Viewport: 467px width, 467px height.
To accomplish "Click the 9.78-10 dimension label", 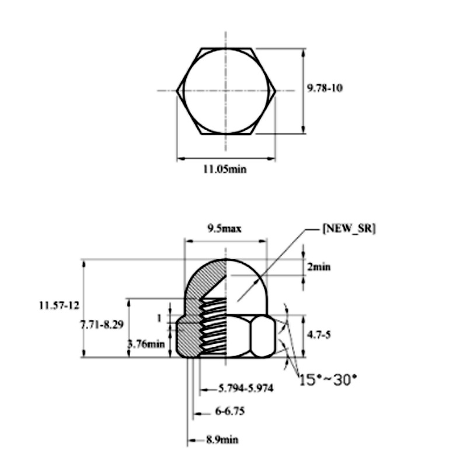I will (x=325, y=88).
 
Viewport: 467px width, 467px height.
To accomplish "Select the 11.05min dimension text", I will (x=225, y=170).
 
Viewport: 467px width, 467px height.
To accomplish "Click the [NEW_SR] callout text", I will (x=348, y=229).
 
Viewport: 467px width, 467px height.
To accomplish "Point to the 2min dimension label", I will (x=319, y=267).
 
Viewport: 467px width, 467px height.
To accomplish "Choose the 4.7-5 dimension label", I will (x=320, y=336).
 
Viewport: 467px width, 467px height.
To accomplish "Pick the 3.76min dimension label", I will (x=146, y=343).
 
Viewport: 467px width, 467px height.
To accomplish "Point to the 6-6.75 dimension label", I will (x=229, y=412).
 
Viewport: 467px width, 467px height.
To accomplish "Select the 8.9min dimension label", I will (x=222, y=440).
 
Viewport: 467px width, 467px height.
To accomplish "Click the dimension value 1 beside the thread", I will (x=158, y=318).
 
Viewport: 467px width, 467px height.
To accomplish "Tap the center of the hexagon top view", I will (x=225, y=90).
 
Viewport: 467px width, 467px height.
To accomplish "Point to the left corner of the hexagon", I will (x=177, y=90).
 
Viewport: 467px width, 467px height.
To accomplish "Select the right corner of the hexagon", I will (x=274, y=90).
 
